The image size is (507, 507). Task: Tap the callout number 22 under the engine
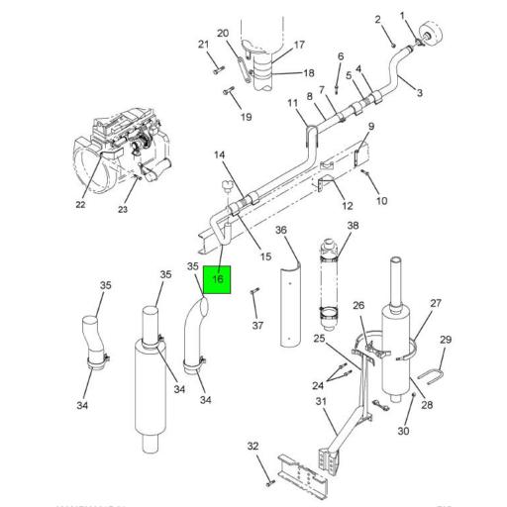coord(81,205)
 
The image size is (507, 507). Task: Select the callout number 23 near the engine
coord(123,209)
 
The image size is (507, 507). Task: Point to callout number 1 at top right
coord(403,15)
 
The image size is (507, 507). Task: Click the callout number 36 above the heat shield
coord(280,230)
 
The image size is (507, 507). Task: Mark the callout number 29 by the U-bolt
coord(445,340)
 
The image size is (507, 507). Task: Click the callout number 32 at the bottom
coord(253,446)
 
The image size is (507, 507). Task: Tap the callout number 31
coord(320,401)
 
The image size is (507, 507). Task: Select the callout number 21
coord(204,44)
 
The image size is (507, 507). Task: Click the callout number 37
coord(257,325)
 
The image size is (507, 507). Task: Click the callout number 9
coord(371,127)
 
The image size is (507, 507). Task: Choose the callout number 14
coord(220,154)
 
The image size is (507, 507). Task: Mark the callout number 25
coord(319,340)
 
